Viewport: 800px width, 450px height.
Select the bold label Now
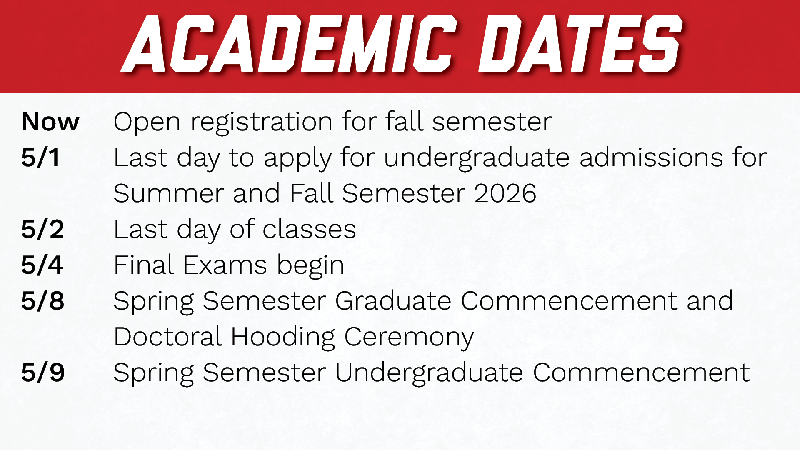click(x=50, y=122)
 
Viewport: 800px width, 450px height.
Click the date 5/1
click(x=40, y=157)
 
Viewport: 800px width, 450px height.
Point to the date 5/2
click(x=42, y=229)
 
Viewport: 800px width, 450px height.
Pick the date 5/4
click(x=42, y=265)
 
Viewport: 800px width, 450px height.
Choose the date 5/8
click(x=42, y=301)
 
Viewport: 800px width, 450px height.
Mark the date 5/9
click(x=43, y=372)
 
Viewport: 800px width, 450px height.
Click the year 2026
click(x=505, y=193)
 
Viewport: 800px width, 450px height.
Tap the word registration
click(x=261, y=122)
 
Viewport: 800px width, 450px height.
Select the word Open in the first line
click(x=147, y=122)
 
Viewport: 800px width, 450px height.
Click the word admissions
click(x=651, y=157)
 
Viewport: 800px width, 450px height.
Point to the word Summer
click(x=168, y=193)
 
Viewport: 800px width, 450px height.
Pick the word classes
click(x=309, y=229)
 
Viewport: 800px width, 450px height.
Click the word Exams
click(x=225, y=265)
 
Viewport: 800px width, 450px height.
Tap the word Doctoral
click(x=167, y=337)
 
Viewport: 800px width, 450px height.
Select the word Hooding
click(x=283, y=337)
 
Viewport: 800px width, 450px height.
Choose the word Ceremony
click(x=409, y=337)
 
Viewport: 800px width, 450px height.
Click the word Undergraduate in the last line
click(x=429, y=373)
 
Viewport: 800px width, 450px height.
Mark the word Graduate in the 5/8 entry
click(x=393, y=301)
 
